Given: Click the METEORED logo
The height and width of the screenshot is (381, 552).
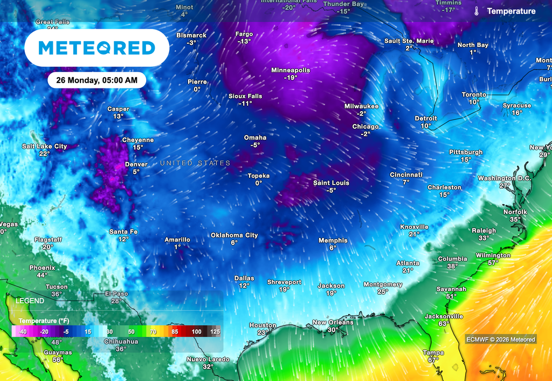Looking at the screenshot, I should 97,48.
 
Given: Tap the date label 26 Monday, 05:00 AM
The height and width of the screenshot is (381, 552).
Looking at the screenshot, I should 97,80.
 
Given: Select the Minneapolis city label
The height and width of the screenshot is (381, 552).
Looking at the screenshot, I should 291,71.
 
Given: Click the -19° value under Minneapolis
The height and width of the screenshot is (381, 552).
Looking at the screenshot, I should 291,78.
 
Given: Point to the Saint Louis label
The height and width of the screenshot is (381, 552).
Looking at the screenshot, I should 331,183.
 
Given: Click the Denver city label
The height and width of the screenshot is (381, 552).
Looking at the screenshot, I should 136,165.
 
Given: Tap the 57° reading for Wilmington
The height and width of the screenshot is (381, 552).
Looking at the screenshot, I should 493,263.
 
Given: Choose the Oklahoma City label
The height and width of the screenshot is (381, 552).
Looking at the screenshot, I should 234,235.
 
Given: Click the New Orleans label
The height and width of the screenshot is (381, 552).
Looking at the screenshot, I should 333,323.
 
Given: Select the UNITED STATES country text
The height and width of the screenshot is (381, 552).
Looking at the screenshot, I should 195,163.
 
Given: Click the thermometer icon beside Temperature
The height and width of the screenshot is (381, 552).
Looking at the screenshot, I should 477,11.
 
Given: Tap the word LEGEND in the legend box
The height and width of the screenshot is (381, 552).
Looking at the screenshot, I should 30,301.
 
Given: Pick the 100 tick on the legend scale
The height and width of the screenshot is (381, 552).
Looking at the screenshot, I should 196,332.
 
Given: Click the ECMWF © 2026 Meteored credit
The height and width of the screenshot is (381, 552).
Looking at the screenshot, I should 501,339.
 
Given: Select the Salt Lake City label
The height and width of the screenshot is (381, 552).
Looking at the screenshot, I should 44,146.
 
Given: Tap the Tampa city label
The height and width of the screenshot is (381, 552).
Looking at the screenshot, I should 433,353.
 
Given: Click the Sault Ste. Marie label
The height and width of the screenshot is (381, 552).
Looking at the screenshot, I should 409,41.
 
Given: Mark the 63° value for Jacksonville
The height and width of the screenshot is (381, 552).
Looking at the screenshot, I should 444,324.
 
